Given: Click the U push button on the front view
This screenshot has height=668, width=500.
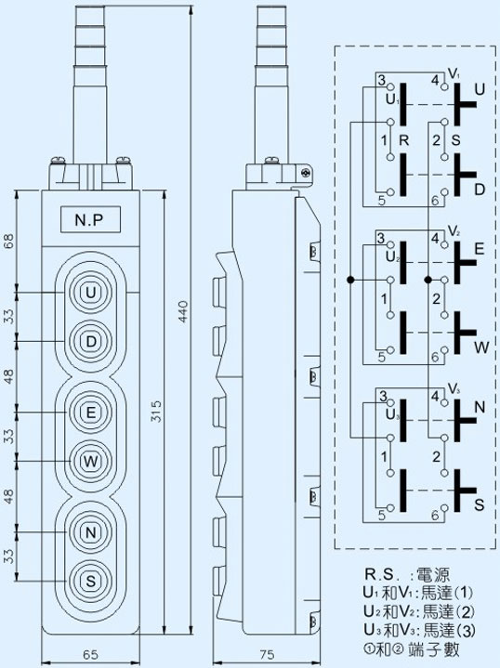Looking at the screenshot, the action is (x=90, y=293).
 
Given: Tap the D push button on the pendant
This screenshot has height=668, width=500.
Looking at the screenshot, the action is (x=90, y=342).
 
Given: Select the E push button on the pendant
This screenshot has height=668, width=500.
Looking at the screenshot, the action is (x=90, y=413).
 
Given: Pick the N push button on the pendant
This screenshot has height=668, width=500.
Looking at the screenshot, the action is (x=90, y=532).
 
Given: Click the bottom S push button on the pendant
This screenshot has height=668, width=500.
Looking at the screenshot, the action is (x=90, y=581).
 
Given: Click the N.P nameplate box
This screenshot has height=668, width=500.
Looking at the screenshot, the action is (x=90, y=219).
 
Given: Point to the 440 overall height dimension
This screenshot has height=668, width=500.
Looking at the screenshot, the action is (x=183, y=311).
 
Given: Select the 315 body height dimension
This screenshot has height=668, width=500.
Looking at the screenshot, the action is (x=157, y=411).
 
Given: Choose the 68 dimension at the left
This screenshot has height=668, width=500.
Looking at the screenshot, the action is (x=9, y=242).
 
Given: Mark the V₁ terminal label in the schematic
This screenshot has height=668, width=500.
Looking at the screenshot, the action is (x=454, y=73).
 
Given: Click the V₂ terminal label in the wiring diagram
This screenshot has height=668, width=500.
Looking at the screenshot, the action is (x=454, y=231).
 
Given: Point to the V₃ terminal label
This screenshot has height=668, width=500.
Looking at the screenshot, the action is (x=454, y=389).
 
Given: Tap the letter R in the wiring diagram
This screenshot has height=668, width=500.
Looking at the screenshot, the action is (x=403, y=140).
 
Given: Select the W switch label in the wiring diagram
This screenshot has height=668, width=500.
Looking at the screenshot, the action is (x=481, y=347).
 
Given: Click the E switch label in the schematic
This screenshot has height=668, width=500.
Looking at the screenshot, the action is (x=480, y=249).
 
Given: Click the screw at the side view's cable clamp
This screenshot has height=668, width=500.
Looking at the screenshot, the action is (x=306, y=173).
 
